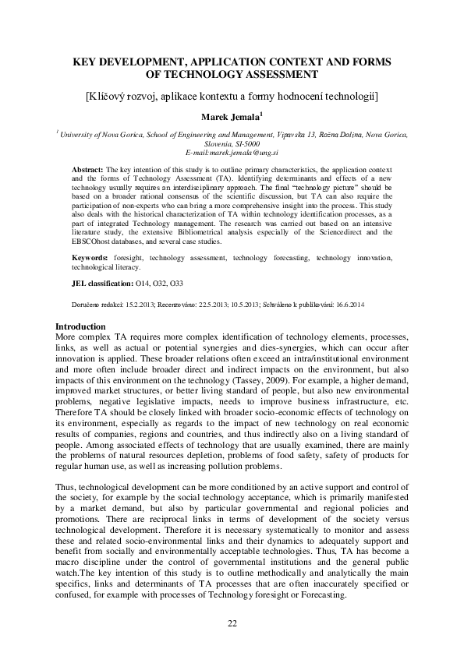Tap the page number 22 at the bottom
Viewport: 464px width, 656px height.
(232, 622)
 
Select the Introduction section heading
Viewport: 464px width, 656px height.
(83, 326)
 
